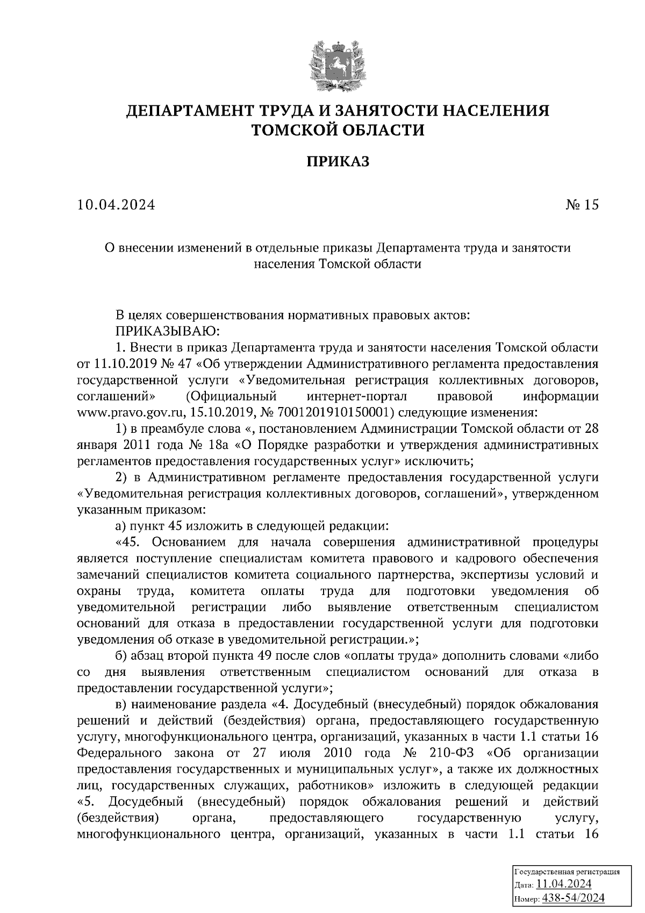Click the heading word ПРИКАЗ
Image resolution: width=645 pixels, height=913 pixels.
coord(338,162)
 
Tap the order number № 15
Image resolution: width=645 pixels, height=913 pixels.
coord(581,205)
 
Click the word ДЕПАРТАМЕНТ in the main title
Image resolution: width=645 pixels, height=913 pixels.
coord(191,111)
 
